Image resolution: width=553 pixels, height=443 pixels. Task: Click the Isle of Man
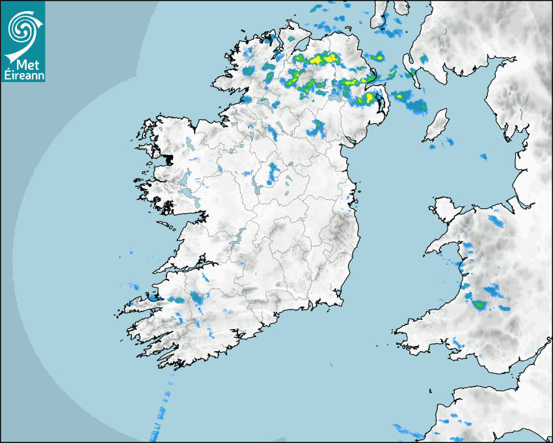[437, 125]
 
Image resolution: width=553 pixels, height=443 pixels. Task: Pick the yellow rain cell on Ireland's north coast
[320, 59]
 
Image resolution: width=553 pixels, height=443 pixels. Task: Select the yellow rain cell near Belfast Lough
[370, 98]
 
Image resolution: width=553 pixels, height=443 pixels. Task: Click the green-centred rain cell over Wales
[479, 303]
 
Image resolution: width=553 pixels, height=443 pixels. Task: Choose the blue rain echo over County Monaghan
[317, 128]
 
